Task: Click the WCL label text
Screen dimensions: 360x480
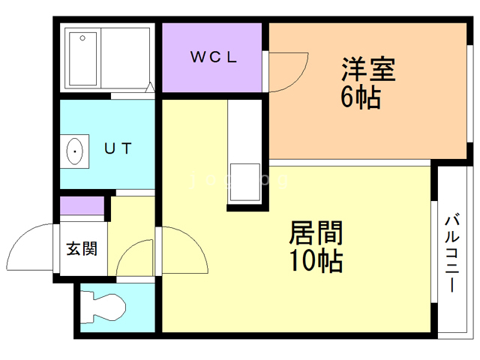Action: point(214,57)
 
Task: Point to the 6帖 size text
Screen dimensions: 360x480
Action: point(361,97)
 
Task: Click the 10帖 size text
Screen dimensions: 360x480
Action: point(316,261)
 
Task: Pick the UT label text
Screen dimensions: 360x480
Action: point(118,148)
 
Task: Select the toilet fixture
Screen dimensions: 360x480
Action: point(105,307)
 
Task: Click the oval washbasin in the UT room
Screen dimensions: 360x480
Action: point(76,152)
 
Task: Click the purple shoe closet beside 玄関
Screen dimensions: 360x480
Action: point(82,206)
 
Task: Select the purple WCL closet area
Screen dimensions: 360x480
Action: point(212,57)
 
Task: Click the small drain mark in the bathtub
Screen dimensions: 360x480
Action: point(82,37)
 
